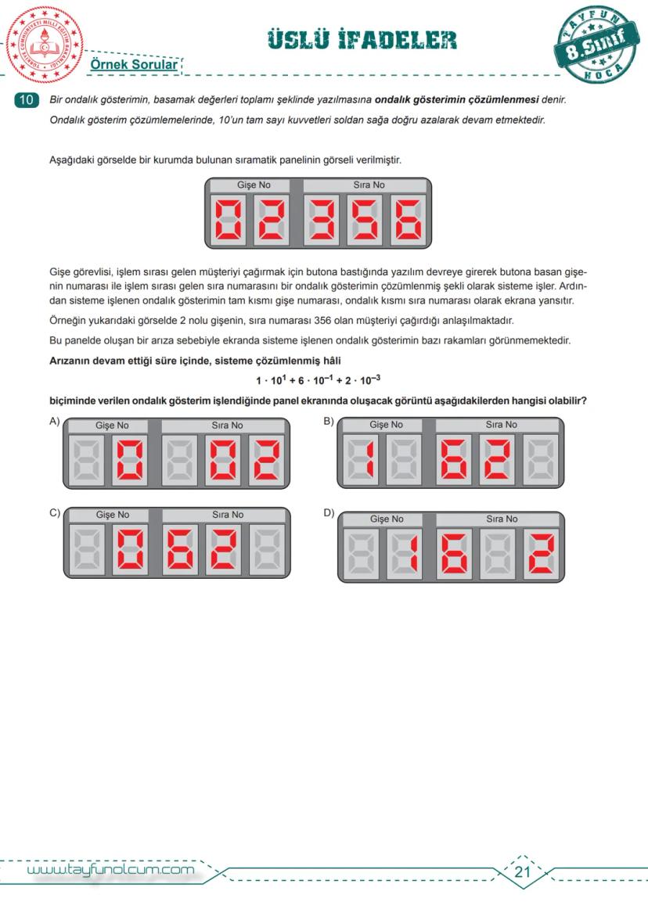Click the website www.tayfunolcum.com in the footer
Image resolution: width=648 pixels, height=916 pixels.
pos(110,870)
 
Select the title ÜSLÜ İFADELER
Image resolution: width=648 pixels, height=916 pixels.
pos(362,39)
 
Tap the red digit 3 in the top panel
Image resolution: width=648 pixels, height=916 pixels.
pos(322,220)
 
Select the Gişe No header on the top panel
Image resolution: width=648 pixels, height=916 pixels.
pos(254,185)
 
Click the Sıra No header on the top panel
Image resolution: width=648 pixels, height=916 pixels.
pos(367,185)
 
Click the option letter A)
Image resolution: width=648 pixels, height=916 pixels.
pos(54,422)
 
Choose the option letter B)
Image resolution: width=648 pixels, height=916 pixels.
pos(329,422)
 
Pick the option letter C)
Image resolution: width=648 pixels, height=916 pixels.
pos(54,512)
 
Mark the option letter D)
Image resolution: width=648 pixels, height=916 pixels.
pos(329,512)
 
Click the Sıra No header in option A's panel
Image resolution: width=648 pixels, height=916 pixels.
pos(227,425)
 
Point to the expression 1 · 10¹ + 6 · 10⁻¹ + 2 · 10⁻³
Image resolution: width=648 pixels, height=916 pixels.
pos(318,380)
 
